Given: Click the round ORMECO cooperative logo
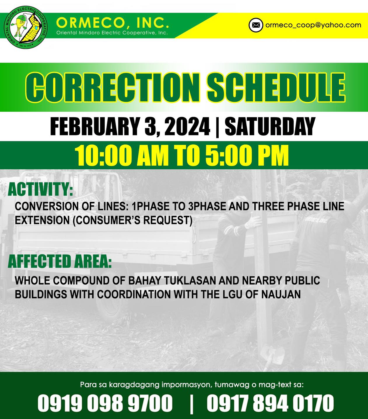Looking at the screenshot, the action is [26, 27].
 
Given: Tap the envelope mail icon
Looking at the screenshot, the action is [256, 25].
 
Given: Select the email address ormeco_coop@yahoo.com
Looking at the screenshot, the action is [313, 25].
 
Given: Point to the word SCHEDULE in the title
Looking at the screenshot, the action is [276, 87].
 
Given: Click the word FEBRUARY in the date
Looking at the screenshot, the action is [94, 126].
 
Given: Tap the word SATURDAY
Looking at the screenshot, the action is [270, 126].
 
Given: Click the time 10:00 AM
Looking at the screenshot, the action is [122, 155].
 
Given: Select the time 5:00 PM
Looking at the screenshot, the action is [247, 155].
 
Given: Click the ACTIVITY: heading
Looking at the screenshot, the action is [41, 189].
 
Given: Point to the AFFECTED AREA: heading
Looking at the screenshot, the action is [60, 261].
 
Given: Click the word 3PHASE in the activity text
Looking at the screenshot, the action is [207, 206].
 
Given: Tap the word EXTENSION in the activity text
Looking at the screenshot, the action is [42, 220].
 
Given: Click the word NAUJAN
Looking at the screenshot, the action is [281, 294].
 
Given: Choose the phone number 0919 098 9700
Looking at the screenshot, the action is [105, 403].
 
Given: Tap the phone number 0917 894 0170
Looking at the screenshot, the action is [270, 403].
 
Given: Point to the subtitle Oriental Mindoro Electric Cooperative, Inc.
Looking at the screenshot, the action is [112, 33].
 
